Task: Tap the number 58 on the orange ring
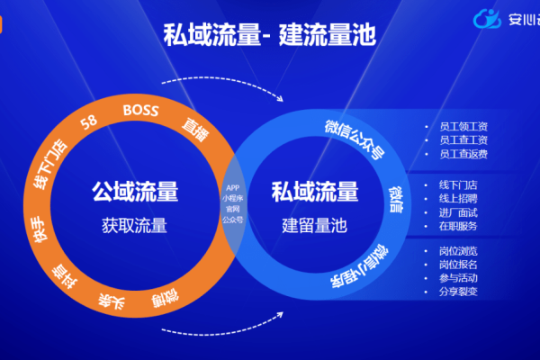(89, 123)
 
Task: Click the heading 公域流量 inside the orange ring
(134, 192)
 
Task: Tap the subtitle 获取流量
(134, 224)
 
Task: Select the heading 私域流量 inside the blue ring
(315, 192)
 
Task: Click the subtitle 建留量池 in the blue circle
(315, 224)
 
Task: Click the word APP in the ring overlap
(233, 187)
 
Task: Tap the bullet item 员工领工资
(463, 125)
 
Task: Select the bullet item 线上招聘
(463, 198)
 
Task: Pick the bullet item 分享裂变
(463, 292)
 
